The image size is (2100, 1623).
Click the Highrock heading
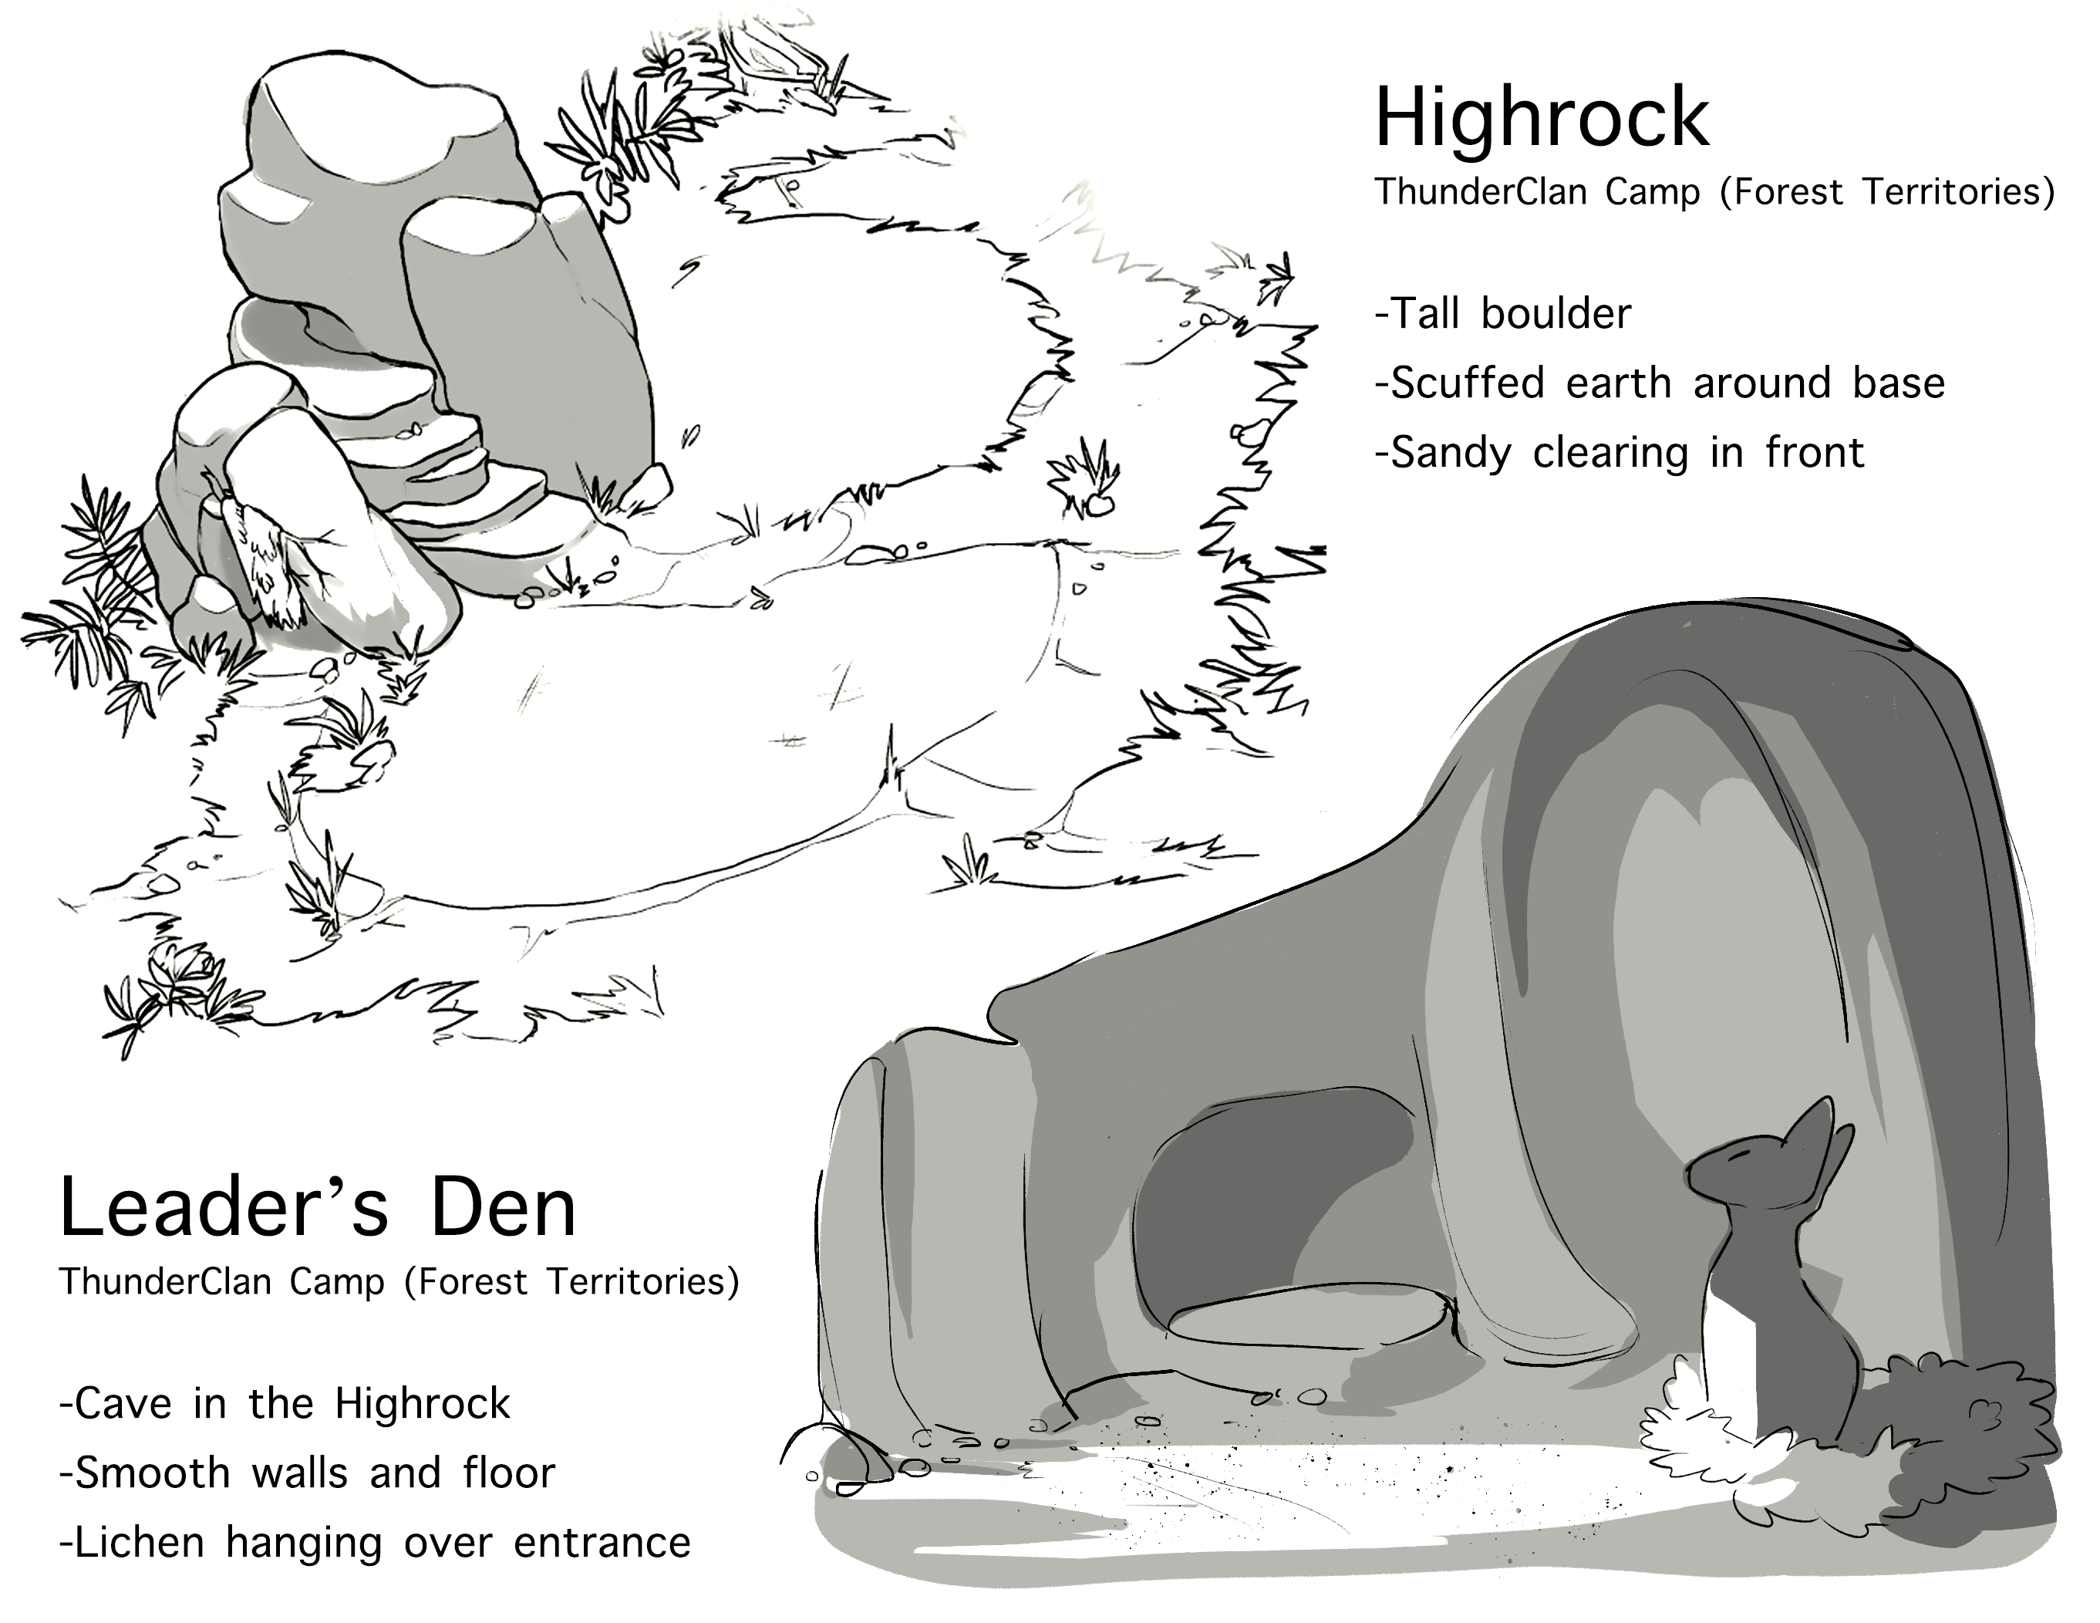(1542, 120)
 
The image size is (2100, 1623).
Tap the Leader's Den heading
(319, 1209)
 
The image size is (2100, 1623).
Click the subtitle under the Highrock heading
(1714, 192)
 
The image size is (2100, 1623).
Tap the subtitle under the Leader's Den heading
(399, 1282)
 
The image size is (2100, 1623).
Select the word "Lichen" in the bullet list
(140, 1544)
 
